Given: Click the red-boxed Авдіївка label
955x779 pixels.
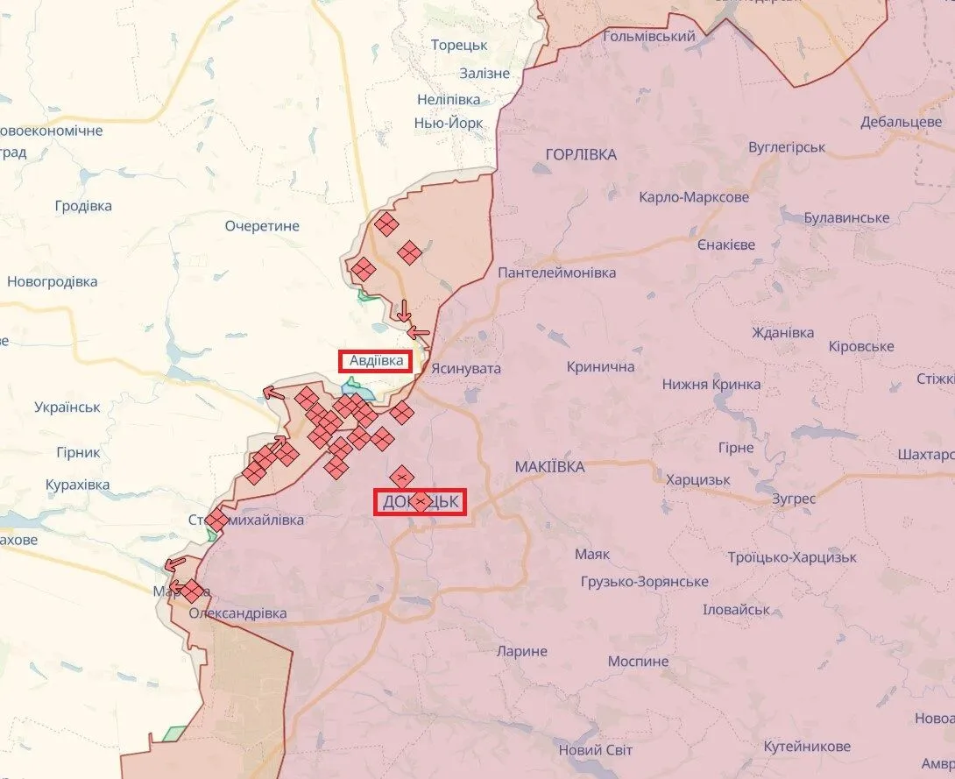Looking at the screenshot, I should [x=377, y=360].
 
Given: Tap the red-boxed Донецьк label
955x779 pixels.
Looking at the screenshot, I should [x=421, y=502].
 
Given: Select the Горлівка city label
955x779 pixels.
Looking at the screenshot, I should [x=581, y=154].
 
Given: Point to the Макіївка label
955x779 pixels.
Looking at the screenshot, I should [x=549, y=467].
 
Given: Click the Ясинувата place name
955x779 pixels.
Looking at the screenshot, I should [x=467, y=369].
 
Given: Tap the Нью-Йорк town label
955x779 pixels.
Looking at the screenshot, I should [x=449, y=123].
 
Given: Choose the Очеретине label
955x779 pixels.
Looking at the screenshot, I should [x=262, y=226].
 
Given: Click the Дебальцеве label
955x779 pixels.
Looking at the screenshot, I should [x=901, y=122].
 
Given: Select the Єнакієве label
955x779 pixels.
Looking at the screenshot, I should [x=726, y=244].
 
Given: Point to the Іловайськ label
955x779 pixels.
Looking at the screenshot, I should [x=736, y=609].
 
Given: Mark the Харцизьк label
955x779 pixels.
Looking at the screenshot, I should [x=698, y=480].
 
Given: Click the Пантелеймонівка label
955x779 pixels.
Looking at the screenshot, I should [x=557, y=273].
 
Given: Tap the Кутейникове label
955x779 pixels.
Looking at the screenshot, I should [x=807, y=747].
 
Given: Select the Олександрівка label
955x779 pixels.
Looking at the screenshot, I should [x=237, y=613].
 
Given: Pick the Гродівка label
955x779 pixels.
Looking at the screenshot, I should [x=83, y=206].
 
